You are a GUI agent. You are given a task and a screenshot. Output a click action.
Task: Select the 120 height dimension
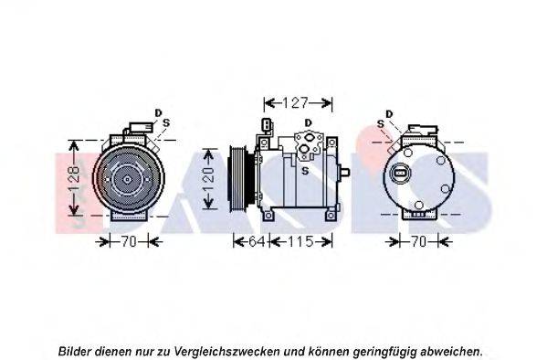(208, 180)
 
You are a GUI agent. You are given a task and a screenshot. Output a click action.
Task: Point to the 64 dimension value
(257, 241)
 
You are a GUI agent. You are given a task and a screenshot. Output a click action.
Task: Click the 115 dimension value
(300, 241)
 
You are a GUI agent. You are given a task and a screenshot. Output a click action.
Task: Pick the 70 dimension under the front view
(129, 241)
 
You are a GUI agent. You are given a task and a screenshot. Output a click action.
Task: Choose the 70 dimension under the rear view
(418, 241)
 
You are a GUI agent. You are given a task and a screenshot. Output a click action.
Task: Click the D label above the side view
(308, 123)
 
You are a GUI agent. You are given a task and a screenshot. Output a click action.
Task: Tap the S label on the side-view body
(305, 171)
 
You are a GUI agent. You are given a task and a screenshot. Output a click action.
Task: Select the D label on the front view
(158, 112)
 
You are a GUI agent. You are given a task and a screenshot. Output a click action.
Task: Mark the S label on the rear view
(381, 124)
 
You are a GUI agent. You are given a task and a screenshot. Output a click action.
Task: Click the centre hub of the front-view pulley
(128, 179)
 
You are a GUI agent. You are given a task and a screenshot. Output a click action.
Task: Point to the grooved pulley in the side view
(238, 178)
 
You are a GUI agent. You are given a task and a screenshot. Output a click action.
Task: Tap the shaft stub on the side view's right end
(343, 172)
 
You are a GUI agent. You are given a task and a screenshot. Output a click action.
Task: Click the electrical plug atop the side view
(267, 126)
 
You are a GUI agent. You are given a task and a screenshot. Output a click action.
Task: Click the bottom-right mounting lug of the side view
(331, 217)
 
